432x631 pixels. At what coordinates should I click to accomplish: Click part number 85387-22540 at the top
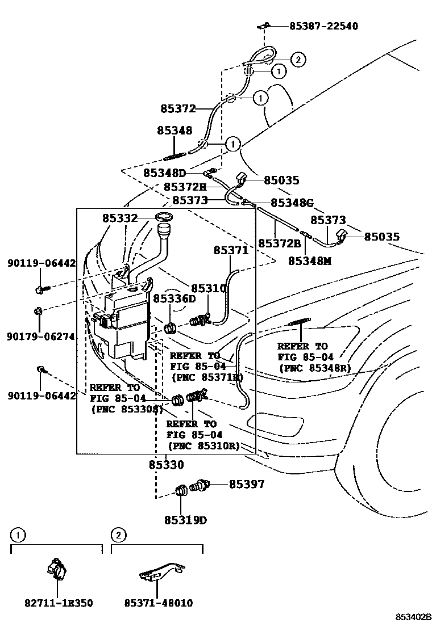click(323, 26)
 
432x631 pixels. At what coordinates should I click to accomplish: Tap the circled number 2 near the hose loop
click(298, 58)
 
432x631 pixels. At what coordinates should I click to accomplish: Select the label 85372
click(178, 108)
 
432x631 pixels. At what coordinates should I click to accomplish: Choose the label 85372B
click(280, 243)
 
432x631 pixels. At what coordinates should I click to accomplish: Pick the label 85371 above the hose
click(231, 250)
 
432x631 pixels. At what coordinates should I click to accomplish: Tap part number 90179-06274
click(41, 336)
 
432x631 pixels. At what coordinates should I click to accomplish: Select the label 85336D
click(174, 298)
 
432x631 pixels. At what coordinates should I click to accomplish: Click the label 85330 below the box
click(166, 465)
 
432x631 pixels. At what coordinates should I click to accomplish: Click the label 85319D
click(185, 519)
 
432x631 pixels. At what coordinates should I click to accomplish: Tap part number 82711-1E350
click(59, 603)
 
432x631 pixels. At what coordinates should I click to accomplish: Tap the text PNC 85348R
click(315, 368)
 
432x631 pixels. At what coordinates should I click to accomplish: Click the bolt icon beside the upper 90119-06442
click(40, 289)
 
